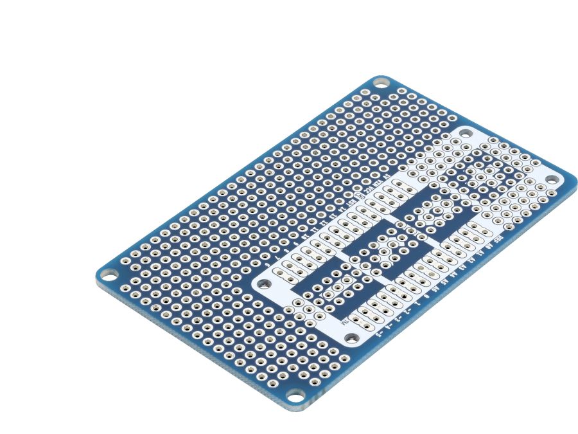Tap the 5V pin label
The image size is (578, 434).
[387, 176]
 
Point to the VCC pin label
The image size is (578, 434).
[369, 189]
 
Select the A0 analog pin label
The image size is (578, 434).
[490, 246]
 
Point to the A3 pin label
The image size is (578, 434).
[462, 266]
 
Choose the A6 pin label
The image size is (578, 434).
[435, 289]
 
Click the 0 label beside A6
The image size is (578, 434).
[426, 296]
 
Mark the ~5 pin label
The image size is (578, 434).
[379, 334]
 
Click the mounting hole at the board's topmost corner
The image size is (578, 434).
[381, 83]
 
